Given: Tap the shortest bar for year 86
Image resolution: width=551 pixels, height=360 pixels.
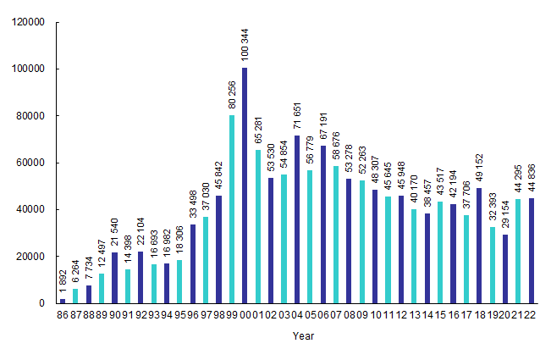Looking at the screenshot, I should point(63,301).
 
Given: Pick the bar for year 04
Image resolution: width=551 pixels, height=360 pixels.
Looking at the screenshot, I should point(297,219).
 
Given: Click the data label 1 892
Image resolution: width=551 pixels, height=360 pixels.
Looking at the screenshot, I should point(63,282).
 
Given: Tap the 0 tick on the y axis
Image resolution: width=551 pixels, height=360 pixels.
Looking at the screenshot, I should point(40,303).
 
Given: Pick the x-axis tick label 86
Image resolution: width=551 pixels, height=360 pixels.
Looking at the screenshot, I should point(63,314).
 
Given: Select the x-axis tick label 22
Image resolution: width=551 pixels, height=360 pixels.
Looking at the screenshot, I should point(532,314).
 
